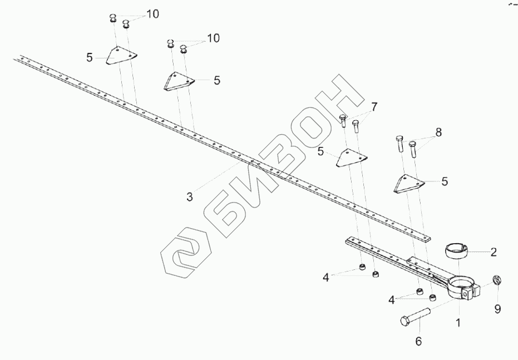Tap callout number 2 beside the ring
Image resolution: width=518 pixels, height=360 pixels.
pyautogui.click(x=494, y=252)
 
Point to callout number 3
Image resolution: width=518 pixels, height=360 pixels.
pyautogui.click(x=190, y=196)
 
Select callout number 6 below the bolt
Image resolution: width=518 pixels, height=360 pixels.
pyautogui.click(x=419, y=341)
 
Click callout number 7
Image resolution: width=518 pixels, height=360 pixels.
pyautogui.click(x=374, y=106)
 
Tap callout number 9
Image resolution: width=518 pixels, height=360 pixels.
pyautogui.click(x=498, y=308)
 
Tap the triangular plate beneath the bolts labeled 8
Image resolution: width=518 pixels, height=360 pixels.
pyautogui.click(x=409, y=184)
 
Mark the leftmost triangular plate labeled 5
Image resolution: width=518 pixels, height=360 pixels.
pyautogui.click(x=121, y=55)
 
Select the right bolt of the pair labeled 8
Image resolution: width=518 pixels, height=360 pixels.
pyautogui.click(x=413, y=149)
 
